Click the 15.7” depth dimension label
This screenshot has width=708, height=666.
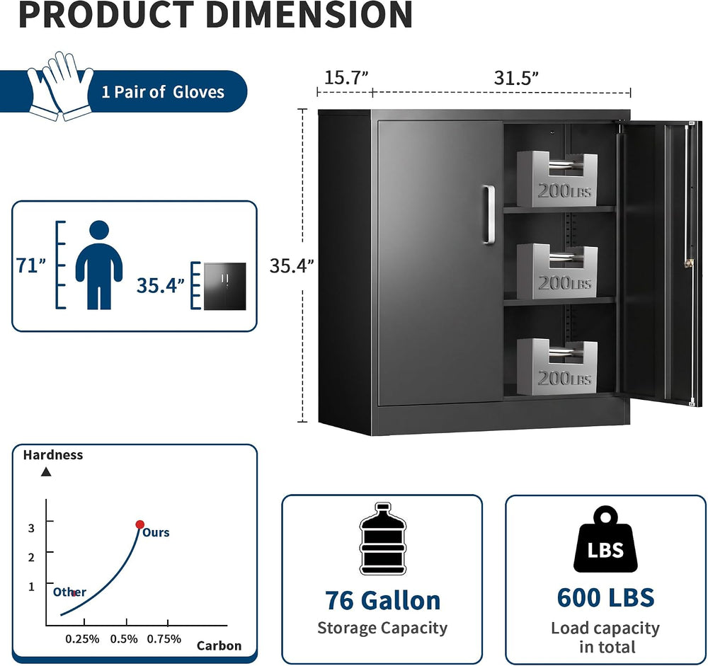(347, 78)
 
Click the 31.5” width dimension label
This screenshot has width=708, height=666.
(517, 78)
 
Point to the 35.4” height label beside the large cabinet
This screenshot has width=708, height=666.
(292, 265)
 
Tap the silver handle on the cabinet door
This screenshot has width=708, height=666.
(489, 215)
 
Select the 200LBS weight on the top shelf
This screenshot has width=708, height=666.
(557, 178)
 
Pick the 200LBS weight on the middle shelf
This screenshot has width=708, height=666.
(557, 271)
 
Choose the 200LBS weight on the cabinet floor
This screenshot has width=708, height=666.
(557, 366)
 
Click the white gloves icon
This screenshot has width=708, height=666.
(60, 86)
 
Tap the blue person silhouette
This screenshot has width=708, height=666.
(99, 265)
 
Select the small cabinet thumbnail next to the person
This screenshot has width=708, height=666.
(225, 286)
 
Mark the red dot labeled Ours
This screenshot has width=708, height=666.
(140, 524)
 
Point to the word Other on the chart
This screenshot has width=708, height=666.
(69, 592)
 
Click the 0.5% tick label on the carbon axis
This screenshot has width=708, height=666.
(124, 639)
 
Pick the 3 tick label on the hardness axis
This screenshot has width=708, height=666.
(31, 528)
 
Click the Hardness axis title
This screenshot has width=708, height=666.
(53, 454)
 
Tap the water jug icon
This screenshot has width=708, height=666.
(383, 539)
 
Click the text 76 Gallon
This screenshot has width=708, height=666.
(382, 600)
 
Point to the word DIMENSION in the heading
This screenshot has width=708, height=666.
(309, 15)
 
